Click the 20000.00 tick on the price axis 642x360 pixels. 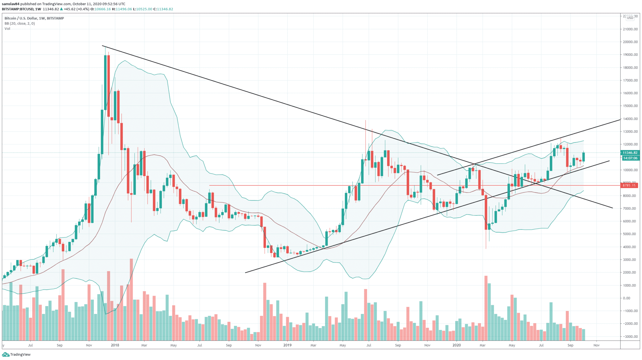coord(630,42)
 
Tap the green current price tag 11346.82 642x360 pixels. coord(630,153)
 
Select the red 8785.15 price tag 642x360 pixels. coord(629,185)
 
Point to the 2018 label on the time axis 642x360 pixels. coord(115,345)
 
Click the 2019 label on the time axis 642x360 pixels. coord(287,345)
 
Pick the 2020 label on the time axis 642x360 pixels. coord(456,345)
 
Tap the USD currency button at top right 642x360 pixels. coord(630,18)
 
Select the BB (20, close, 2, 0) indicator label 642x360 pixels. coord(20,23)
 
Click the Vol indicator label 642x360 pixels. coord(7,29)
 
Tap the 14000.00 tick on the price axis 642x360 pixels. coord(630,119)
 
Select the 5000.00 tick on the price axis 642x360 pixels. coord(630,234)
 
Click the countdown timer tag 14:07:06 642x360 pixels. coord(630,158)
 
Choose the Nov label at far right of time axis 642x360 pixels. coord(596,345)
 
